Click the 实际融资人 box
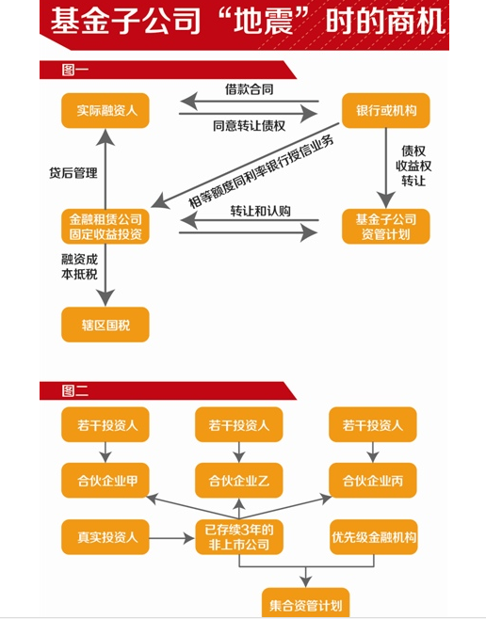tap(105, 111)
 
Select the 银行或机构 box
tap(385, 111)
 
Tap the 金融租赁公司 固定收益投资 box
tap(105, 227)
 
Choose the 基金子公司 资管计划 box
tap(385, 227)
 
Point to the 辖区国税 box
tap(105, 325)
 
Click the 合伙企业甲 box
tap(105, 481)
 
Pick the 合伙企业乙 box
tap(238, 481)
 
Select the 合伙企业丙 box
tap(373, 481)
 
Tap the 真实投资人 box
tap(105, 537)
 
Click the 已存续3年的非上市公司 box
tap(238, 537)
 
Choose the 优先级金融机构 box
tap(373, 537)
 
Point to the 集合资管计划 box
tap(305, 603)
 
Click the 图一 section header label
tap(75, 71)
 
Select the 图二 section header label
tap(75, 390)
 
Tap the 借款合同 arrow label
tap(249, 89)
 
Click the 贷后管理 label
tap(73, 173)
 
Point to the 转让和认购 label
tap(260, 212)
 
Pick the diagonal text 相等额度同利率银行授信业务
tap(261, 172)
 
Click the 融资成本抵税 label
tap(79, 267)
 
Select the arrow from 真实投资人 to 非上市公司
tap(171, 538)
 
